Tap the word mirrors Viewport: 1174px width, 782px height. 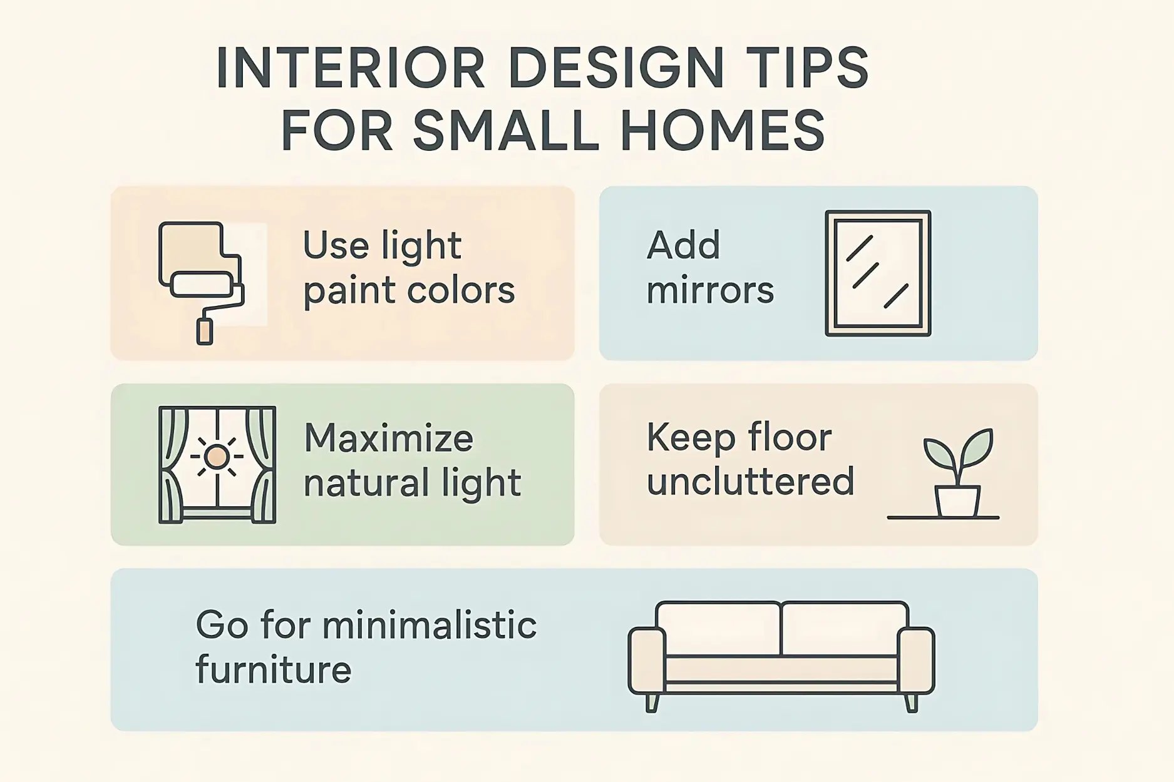pos(710,291)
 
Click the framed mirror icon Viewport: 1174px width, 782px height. pos(878,273)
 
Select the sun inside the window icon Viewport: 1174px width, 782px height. pos(217,457)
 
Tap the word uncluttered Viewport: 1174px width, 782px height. pos(750,482)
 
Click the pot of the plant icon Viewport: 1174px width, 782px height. pos(957,501)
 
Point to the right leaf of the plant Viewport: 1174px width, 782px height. pos(977,447)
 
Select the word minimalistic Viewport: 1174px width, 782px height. pos(430,625)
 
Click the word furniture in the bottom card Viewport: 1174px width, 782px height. pos(274,670)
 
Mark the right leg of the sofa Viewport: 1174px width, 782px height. pos(911,703)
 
